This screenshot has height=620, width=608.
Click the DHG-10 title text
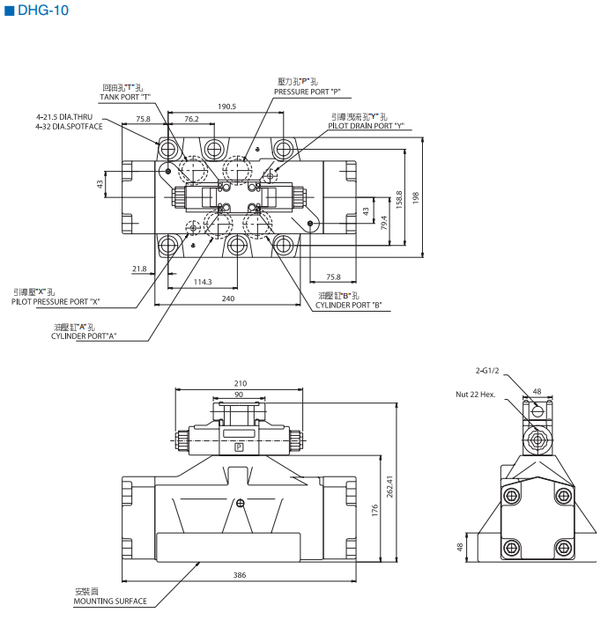coord(41,11)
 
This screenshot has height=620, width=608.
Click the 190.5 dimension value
coord(226,107)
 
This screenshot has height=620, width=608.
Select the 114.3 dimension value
coord(202,282)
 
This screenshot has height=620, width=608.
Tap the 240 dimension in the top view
coord(228,299)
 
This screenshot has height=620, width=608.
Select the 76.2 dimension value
coord(191,119)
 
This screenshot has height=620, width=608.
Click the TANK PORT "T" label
coord(125,97)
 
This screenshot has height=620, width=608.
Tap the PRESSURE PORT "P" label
coord(307,92)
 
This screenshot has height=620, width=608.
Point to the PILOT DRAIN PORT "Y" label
coord(366,126)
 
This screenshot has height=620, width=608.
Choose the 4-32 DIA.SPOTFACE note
coord(69,127)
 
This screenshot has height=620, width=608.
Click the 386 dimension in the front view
coord(240,575)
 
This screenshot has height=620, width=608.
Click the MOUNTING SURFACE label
coord(110,602)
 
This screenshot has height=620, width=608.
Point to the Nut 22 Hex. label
coord(476,395)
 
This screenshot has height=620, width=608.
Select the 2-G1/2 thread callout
coord(488,373)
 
